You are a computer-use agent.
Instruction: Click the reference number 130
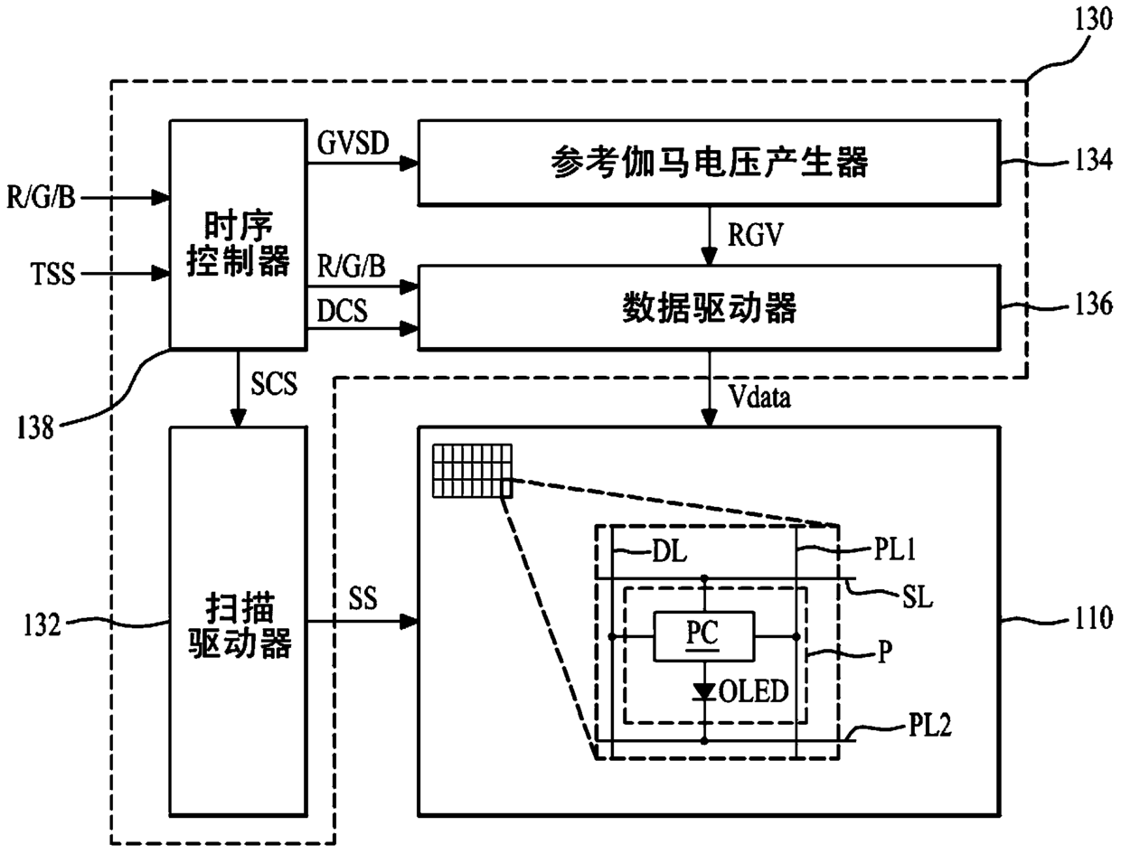(1093, 21)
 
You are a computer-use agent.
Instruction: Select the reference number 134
(1093, 160)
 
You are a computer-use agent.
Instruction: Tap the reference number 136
(1093, 305)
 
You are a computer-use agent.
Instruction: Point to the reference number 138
(35, 427)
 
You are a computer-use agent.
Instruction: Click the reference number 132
(42, 624)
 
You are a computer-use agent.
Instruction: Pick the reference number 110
(1093, 618)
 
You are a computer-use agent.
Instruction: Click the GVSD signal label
(353, 143)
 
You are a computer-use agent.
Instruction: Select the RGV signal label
(756, 235)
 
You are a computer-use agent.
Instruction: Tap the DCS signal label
(342, 310)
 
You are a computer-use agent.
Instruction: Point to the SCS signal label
(274, 384)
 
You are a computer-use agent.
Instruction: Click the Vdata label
(759, 397)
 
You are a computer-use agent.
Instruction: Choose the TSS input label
(53, 274)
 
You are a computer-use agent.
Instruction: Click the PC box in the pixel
(703, 636)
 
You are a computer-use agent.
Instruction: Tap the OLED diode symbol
(704, 691)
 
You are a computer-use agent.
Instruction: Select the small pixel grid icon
(472, 471)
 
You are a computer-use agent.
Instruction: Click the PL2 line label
(929, 725)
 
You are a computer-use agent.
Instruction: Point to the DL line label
(670, 551)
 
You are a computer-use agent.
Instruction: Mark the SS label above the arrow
(363, 597)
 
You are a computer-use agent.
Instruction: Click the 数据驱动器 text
(709, 308)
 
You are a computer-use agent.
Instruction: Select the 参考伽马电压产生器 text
(709, 163)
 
